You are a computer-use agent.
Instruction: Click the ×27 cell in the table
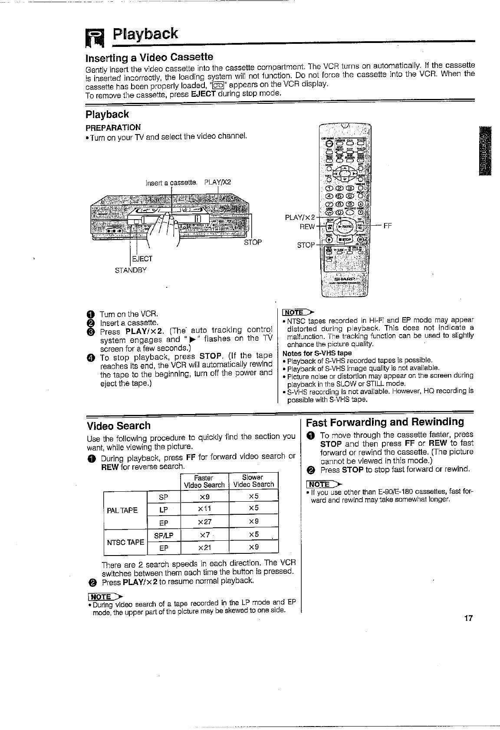(204, 522)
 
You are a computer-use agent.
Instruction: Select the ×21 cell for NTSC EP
(204, 548)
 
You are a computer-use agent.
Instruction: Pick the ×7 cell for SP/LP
(204, 535)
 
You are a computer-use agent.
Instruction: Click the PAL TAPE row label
(122, 510)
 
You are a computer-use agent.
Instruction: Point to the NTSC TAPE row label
(126, 542)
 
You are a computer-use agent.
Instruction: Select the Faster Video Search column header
(204, 481)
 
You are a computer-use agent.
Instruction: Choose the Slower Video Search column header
(253, 481)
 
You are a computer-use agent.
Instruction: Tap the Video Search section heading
(118, 426)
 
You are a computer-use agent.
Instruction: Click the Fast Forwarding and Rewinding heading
(385, 422)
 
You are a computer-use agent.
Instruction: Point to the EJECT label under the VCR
(142, 259)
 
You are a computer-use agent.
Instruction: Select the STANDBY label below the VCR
(131, 270)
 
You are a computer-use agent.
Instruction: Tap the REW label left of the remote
(307, 227)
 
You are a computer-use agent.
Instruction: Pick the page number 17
(467, 618)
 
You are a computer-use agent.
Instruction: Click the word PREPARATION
(113, 128)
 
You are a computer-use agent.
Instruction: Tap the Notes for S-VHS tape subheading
(317, 353)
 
